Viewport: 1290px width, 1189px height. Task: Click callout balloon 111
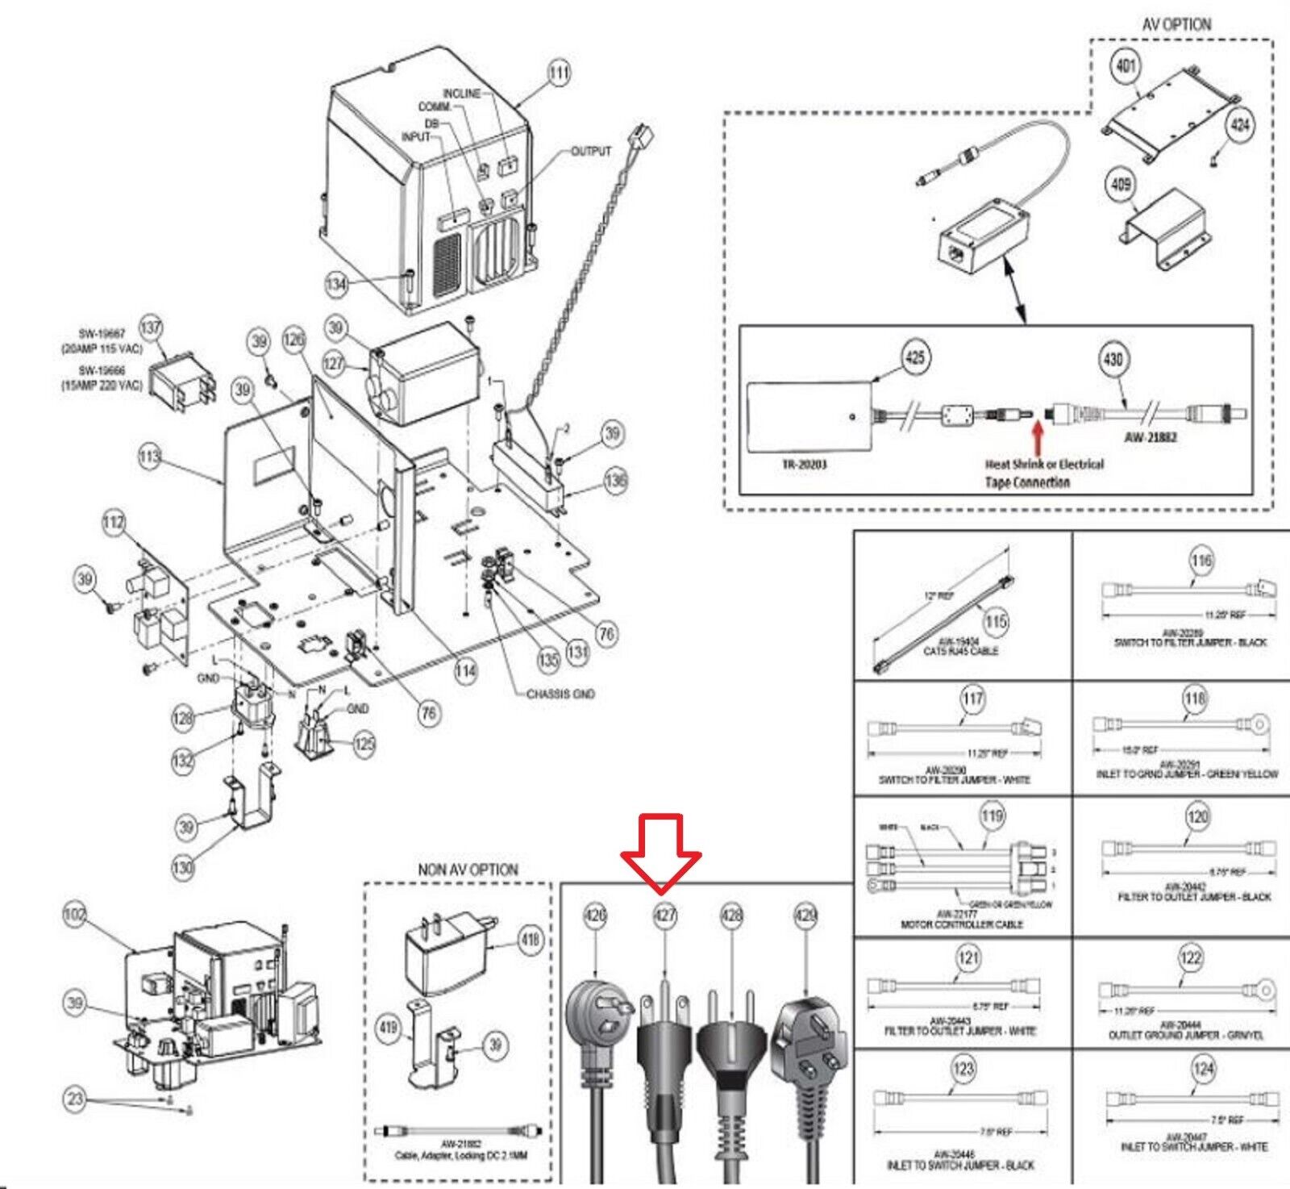pos(559,73)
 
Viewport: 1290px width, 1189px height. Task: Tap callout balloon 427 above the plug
pos(664,916)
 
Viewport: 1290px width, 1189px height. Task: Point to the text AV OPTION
pos(1176,25)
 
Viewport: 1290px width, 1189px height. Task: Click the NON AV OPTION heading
pos(468,870)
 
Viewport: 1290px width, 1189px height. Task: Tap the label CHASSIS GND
pos(560,694)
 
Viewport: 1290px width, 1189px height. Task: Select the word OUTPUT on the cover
pos(591,151)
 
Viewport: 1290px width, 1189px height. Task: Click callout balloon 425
pos(915,357)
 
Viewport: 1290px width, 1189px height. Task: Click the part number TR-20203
pos(804,465)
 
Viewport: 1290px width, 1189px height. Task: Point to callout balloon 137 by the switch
pos(151,327)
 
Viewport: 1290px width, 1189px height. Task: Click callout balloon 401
pos(1126,65)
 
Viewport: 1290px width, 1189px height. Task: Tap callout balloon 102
pos(75,914)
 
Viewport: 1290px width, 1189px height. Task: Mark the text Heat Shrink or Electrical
pos(1043,465)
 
